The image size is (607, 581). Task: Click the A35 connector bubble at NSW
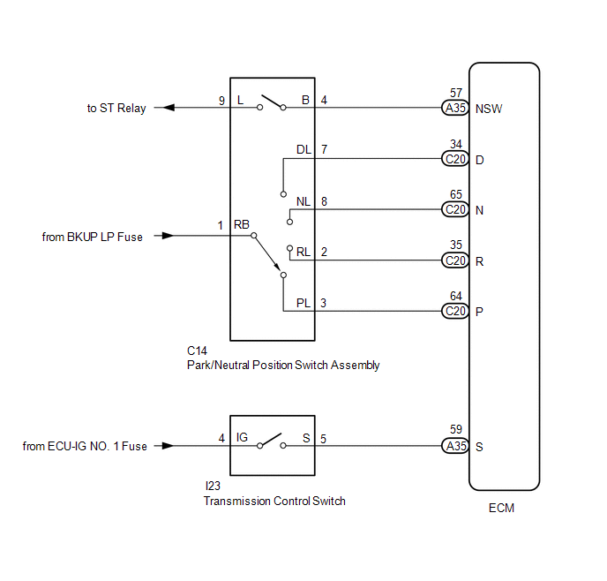455,108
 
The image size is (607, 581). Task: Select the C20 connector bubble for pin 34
455,159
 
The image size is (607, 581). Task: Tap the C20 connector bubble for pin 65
455,209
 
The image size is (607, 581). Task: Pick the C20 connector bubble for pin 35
455,260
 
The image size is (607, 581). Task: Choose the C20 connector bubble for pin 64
455,311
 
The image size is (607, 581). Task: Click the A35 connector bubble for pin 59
455,446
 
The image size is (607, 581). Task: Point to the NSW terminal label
489,109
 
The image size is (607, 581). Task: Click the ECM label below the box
501,508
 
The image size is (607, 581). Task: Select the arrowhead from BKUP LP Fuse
168,236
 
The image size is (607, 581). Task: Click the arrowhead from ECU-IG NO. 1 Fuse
168,446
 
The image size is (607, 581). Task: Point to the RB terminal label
242,224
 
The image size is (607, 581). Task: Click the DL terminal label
303,149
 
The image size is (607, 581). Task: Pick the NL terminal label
303,201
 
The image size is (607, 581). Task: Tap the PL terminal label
303,303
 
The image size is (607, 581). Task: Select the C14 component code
197,351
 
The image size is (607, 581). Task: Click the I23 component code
213,486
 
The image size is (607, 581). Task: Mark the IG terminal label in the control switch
242,437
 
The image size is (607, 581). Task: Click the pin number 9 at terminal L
221,101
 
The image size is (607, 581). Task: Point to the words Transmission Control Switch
274,501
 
